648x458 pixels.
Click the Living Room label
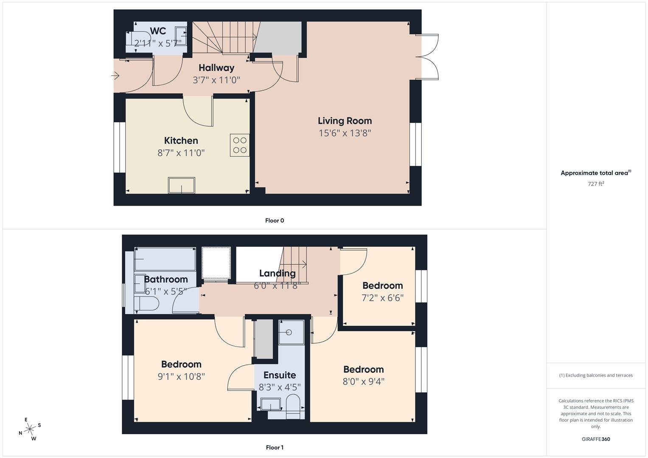coord(345,121)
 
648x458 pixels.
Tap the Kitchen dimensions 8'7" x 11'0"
coord(181,153)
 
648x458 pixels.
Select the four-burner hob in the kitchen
coord(240,145)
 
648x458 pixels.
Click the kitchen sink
coord(182,185)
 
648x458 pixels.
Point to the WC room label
coord(158,31)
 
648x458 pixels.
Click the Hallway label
coord(216,68)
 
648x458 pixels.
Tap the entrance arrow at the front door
coord(115,76)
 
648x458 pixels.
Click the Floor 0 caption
coord(275,221)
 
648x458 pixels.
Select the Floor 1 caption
coord(275,447)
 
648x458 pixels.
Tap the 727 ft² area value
coord(596,184)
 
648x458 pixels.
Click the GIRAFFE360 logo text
coord(596,439)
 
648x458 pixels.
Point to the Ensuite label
coord(280,375)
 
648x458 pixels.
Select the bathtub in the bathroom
coord(165,259)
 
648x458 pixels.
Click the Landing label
coord(277,274)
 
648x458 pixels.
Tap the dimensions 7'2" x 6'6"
coord(382,298)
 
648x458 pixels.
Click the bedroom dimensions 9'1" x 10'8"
coord(181,377)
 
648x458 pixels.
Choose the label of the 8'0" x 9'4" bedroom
coord(364,369)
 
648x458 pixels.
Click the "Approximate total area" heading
coord(595,173)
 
